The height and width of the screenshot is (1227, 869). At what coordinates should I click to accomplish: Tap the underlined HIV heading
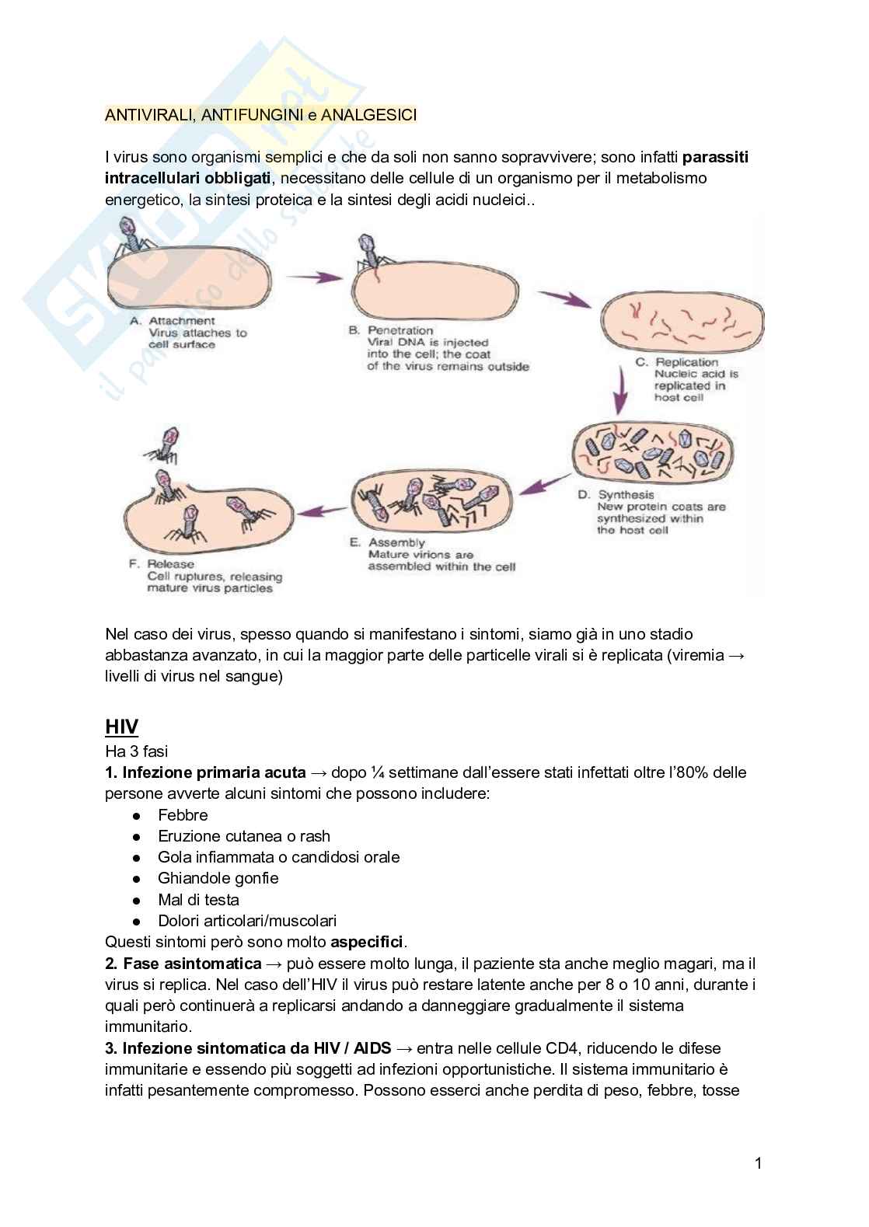(121, 727)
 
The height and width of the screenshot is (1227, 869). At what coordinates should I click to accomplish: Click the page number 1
(759, 1163)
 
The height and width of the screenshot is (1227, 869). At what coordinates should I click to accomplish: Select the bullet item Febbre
(183, 815)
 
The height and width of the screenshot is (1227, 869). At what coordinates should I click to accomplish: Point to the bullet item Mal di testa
(198, 900)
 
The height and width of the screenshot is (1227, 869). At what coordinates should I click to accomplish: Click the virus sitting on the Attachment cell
(132, 237)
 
